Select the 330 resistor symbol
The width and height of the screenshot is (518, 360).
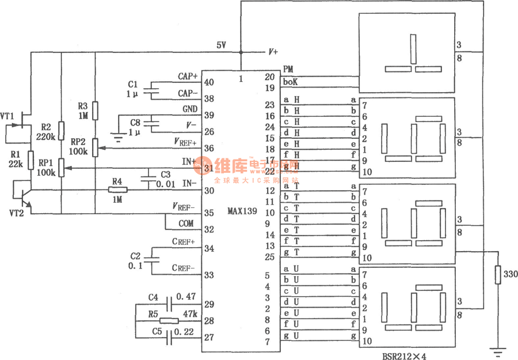coord(497,275)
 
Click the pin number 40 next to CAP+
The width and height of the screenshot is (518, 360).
coord(209,82)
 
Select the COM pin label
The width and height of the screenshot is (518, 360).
coord(185,223)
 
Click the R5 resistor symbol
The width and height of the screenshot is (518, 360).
coord(169,321)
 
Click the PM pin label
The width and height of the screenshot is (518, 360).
coord(289,69)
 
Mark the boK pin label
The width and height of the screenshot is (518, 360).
coord(291,82)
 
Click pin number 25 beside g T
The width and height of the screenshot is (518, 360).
coord(270,256)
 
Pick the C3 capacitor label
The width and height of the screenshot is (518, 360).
coord(166,174)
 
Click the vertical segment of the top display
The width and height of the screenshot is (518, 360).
coord(413,49)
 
